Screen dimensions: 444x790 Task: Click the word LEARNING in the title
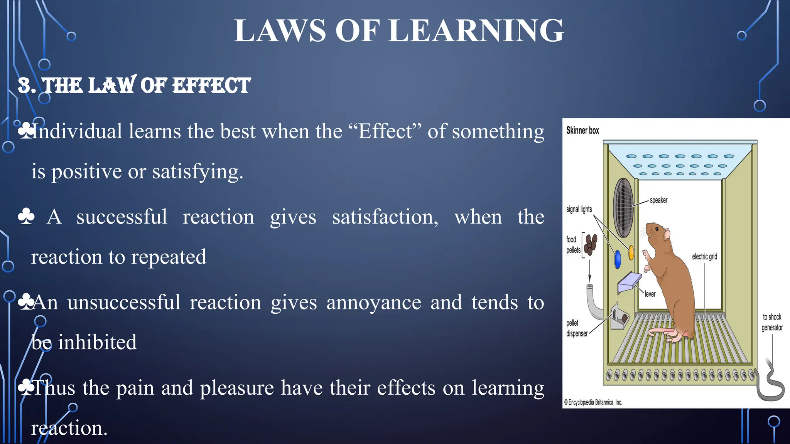coord(476,31)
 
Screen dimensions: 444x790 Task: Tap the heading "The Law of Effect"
coord(134,86)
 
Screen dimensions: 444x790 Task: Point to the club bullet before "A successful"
coord(26,217)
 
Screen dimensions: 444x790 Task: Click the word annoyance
coord(373,303)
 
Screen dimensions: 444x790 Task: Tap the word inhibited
coord(97,342)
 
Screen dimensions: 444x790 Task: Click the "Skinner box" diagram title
coord(582,131)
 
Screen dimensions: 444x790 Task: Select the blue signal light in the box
coord(618,259)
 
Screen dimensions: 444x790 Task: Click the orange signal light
coord(631,253)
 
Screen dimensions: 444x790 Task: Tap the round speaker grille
coord(623,207)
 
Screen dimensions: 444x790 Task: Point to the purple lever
coord(629,283)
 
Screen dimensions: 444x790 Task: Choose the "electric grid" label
coord(704,257)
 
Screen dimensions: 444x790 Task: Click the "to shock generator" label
coord(772,322)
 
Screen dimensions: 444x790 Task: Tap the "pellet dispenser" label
coord(577,328)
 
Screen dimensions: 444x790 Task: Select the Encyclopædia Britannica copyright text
coord(593,402)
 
